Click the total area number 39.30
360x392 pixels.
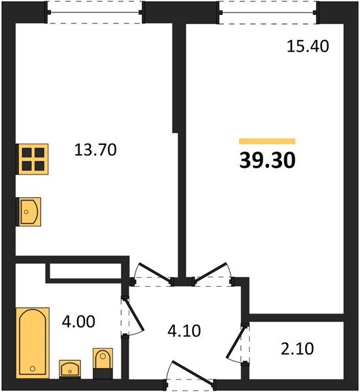[267, 159]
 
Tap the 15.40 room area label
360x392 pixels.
[307, 46]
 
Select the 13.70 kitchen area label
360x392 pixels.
[96, 150]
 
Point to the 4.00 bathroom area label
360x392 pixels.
[78, 322]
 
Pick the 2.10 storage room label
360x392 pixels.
[298, 349]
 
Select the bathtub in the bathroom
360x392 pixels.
[33, 342]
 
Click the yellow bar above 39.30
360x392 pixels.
[267, 141]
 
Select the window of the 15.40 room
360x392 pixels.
[268, 12]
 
